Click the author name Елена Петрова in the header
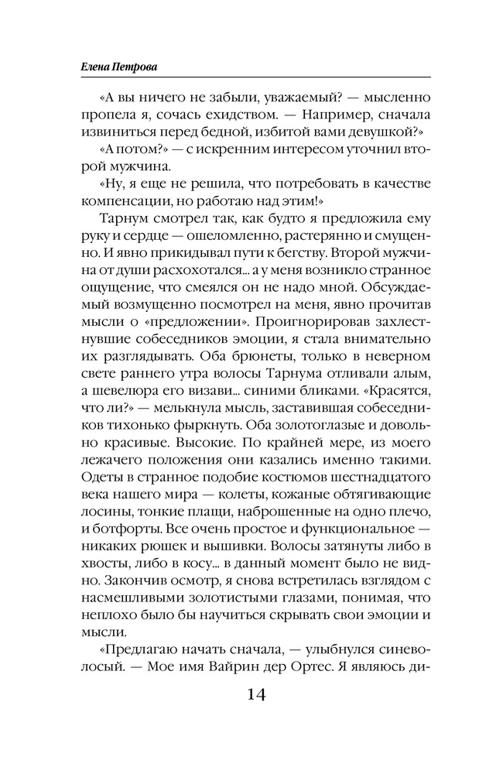(x=113, y=68)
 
